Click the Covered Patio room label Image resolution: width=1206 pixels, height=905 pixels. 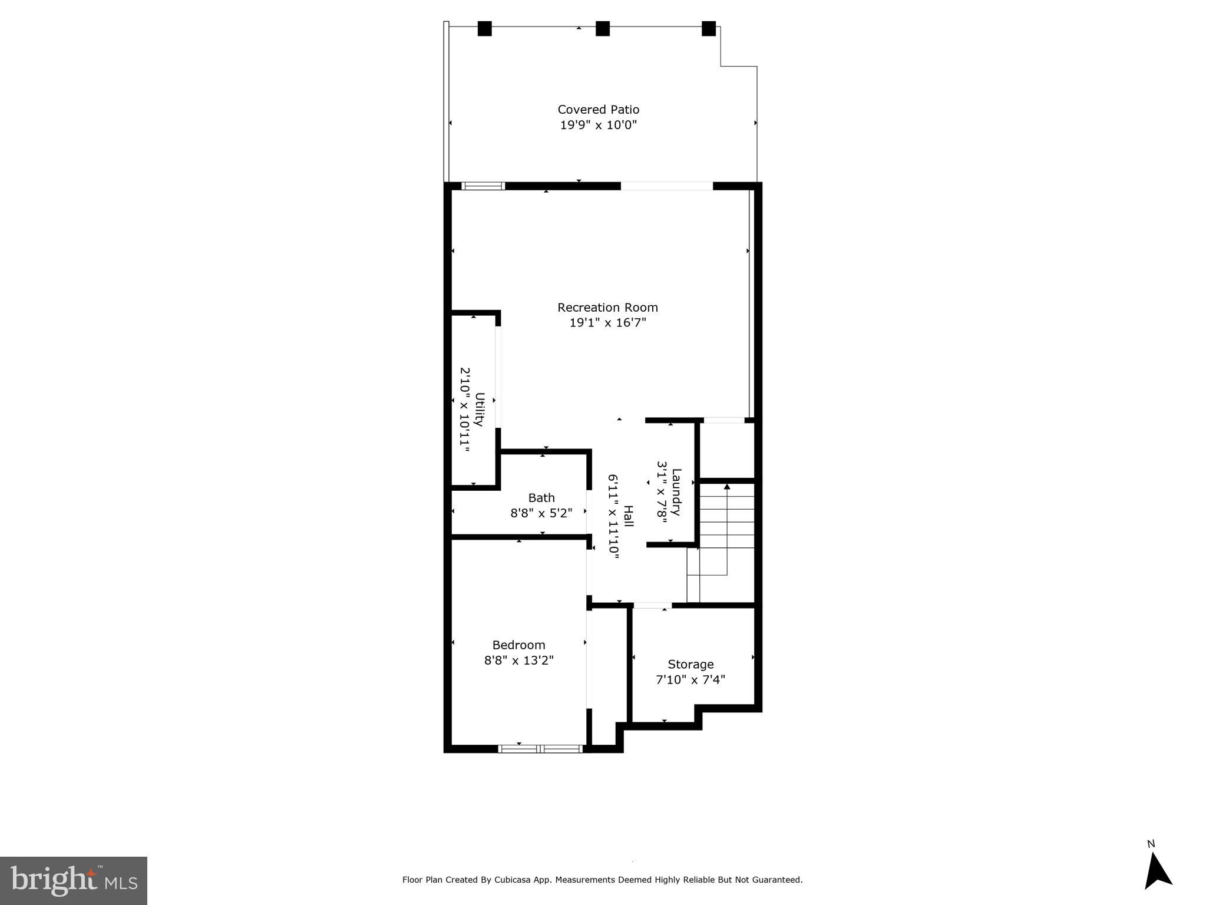[x=598, y=110]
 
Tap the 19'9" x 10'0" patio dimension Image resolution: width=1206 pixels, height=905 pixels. [x=598, y=125]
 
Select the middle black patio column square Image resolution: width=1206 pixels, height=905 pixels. [x=602, y=29]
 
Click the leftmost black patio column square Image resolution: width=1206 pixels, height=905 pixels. [x=484, y=29]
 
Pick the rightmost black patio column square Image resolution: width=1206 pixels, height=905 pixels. [x=708, y=29]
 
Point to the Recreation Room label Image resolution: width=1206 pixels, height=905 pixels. [x=607, y=308]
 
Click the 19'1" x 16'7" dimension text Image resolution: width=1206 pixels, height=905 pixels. [x=607, y=323]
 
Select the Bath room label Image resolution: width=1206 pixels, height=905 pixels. [x=541, y=498]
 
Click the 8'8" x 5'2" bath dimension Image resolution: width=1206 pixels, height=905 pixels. [x=541, y=513]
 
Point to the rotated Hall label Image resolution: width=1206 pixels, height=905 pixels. [x=629, y=516]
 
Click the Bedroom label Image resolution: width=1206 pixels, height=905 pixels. [x=518, y=645]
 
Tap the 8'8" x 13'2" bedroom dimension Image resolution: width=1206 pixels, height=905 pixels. [x=518, y=660]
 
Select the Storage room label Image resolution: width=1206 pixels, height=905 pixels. [x=690, y=665]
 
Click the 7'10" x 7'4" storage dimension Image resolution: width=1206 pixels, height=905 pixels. [x=690, y=680]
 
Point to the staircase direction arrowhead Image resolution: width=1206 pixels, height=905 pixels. [x=726, y=487]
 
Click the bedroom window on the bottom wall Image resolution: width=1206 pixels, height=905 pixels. [x=540, y=749]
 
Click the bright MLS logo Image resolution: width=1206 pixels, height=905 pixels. [x=73, y=881]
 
